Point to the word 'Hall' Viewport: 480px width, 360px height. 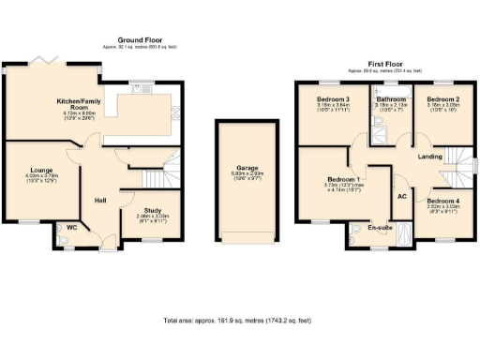(102, 200)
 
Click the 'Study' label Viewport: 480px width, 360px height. (145, 211)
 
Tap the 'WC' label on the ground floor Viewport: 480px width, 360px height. (71, 227)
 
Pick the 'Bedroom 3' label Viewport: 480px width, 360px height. (332, 99)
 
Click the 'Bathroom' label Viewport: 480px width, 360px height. (391, 99)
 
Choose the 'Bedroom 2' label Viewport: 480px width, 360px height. (442, 99)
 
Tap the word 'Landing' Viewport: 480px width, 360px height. (429, 156)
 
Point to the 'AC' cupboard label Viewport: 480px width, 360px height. (401, 196)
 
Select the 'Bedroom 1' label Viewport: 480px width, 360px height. (345, 179)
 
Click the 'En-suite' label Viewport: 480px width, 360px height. (378, 226)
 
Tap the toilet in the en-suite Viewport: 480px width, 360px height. (357, 231)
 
